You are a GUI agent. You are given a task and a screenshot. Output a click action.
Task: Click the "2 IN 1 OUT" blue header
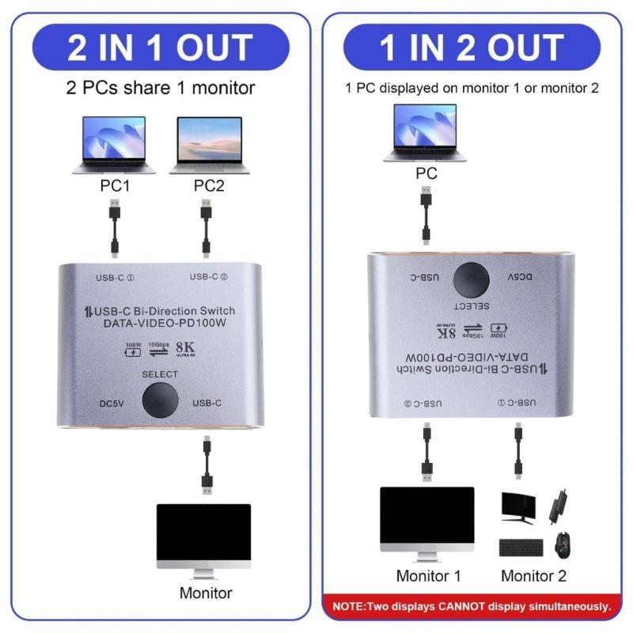(161, 47)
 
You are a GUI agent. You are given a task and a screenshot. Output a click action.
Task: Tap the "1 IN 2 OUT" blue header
(472, 47)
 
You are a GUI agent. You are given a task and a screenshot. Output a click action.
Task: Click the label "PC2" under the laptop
(210, 187)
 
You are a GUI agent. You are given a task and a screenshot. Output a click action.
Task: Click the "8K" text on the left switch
(184, 346)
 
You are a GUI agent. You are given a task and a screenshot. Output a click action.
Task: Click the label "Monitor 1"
(428, 575)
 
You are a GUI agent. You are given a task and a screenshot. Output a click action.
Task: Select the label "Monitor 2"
(533, 575)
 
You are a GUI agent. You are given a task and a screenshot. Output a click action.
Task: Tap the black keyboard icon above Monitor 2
(521, 547)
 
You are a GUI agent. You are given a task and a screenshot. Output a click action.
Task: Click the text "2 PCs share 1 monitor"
(161, 88)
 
